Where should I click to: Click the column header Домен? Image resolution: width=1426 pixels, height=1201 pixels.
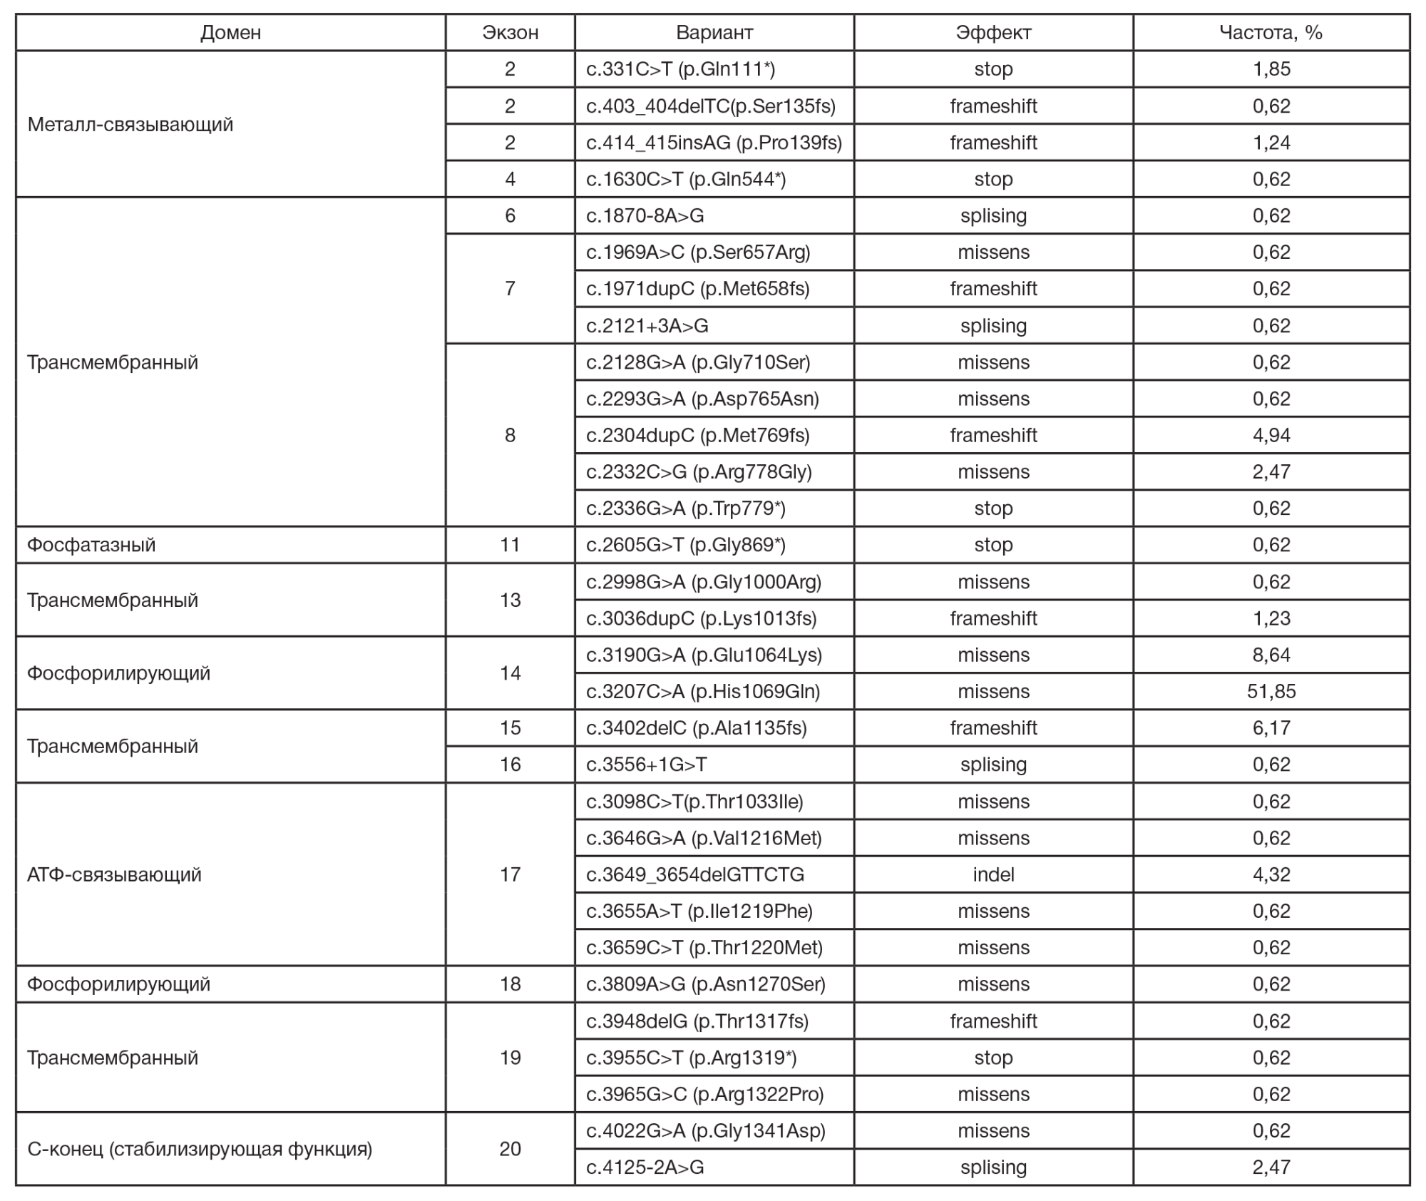[x=230, y=33]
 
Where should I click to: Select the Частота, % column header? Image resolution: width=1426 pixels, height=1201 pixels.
[x=1271, y=33]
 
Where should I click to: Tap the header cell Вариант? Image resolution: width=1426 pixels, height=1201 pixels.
[x=714, y=33]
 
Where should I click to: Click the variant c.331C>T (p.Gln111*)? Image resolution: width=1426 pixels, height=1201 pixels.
[x=680, y=69]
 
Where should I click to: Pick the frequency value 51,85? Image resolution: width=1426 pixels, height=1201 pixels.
[x=1271, y=691]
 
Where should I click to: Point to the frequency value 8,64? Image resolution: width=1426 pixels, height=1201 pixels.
[x=1271, y=655]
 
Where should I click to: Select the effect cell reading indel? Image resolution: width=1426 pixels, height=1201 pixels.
[x=993, y=874]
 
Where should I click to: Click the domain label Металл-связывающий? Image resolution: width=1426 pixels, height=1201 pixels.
[x=130, y=124]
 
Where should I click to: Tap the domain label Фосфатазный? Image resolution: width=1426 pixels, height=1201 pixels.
[x=91, y=545]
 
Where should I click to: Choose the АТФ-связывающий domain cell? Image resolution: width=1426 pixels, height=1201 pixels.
[x=114, y=874]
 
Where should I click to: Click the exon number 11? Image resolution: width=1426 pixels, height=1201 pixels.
[x=510, y=545]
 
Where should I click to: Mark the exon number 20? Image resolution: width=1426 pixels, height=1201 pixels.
[x=510, y=1149]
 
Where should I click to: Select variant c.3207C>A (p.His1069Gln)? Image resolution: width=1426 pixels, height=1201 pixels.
[x=703, y=691]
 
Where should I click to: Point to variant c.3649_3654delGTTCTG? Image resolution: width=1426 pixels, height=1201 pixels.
[x=695, y=874]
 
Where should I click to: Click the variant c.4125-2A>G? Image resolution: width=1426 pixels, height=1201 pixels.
[x=645, y=1167]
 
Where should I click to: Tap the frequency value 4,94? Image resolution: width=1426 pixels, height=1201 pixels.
[x=1271, y=435]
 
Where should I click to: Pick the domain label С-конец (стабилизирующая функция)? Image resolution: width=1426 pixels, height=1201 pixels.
[x=200, y=1149]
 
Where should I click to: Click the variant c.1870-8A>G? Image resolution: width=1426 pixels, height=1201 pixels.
[x=645, y=215]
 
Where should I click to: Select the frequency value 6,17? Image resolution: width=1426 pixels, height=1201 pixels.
[x=1271, y=728]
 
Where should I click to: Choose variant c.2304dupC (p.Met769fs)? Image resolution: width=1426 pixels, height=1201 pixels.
[x=697, y=435]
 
